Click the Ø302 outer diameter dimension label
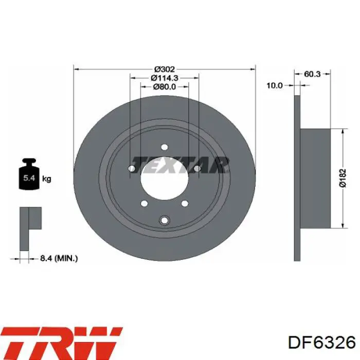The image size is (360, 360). point(165,69)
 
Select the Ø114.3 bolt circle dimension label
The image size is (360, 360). point(165,78)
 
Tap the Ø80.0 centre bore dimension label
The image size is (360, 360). point(165,86)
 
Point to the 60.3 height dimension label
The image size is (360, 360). point(312,74)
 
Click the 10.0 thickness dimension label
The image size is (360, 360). point(274,86)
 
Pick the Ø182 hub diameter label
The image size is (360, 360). point(343,178)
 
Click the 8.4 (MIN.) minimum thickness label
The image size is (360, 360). point(59,258)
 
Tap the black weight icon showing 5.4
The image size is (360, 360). point(29,174)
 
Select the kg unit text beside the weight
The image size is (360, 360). point(47,178)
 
